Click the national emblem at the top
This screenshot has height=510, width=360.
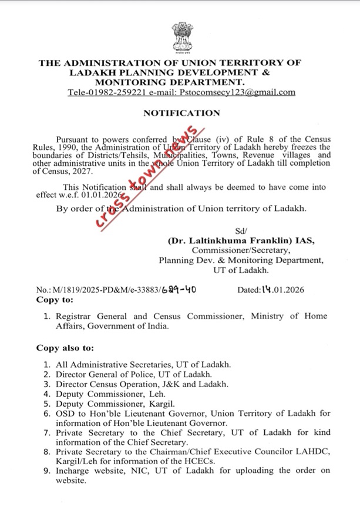click(180, 36)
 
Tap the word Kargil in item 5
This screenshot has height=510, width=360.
click(147, 403)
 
